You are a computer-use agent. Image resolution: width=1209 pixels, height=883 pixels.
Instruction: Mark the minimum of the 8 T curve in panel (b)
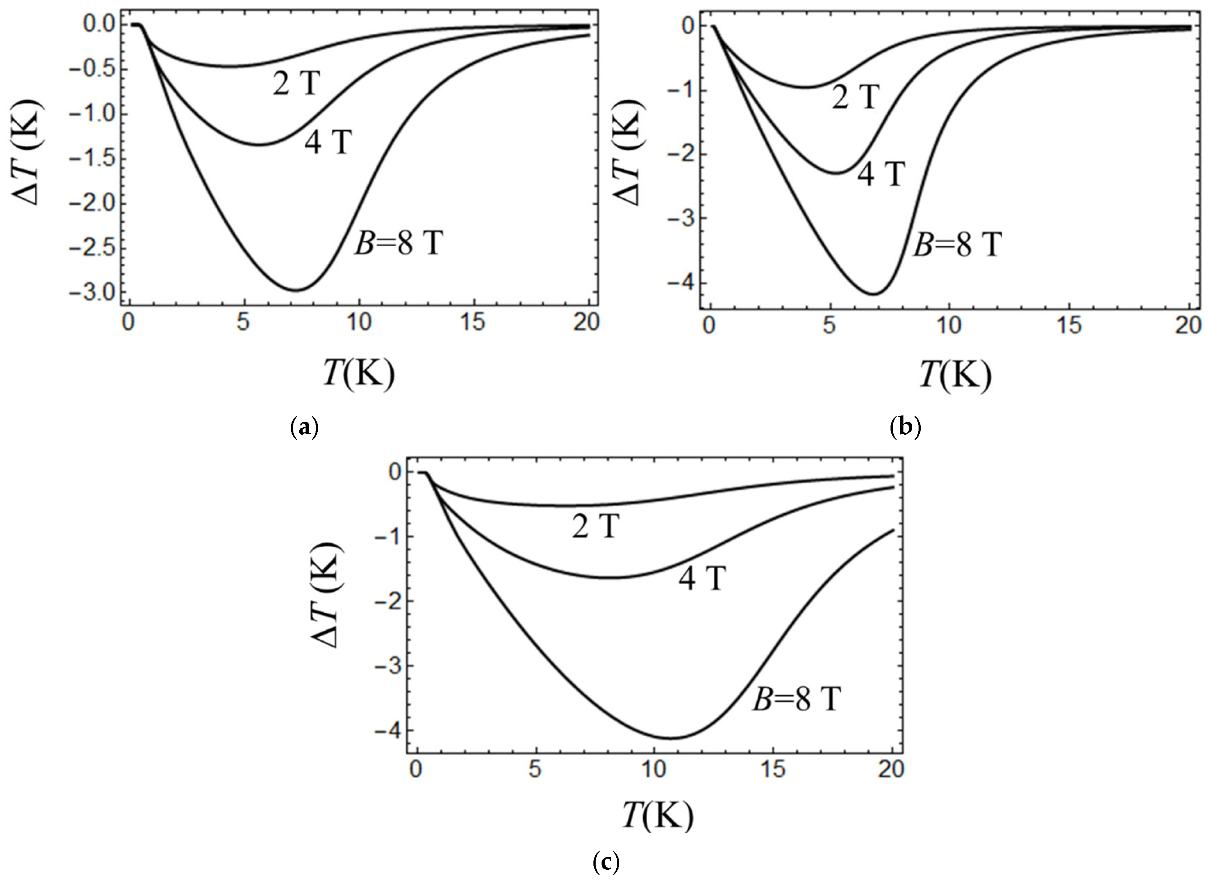click(874, 294)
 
